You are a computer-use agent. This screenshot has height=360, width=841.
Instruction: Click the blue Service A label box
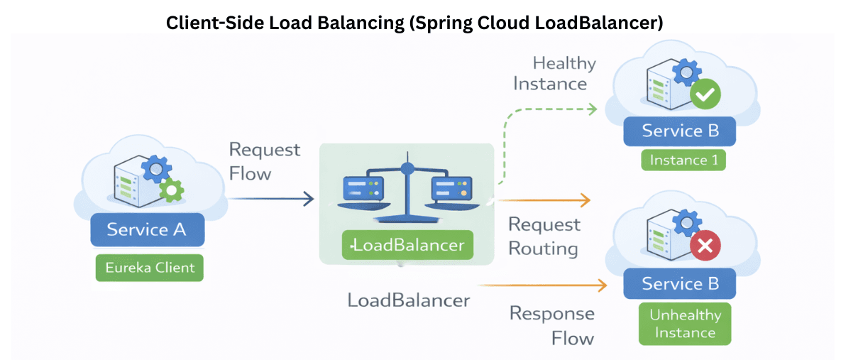tap(148, 229)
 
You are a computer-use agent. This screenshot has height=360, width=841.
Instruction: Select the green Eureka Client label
tap(149, 268)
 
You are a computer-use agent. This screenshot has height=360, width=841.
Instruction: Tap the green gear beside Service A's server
tap(171, 190)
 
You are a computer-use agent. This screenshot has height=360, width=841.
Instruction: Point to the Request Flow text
tap(264, 161)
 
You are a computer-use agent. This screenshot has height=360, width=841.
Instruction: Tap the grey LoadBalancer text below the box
tap(408, 300)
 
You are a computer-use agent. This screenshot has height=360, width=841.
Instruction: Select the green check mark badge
tap(705, 94)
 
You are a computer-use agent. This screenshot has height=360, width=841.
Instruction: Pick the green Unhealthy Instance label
tap(684, 323)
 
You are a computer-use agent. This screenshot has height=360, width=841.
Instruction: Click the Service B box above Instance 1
tap(680, 131)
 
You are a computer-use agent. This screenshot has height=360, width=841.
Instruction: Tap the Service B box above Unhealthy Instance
tap(680, 284)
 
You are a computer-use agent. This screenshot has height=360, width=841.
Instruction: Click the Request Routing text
tap(544, 236)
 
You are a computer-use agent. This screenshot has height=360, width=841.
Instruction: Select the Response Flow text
tap(552, 325)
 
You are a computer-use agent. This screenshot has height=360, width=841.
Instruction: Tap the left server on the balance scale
tap(363, 187)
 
